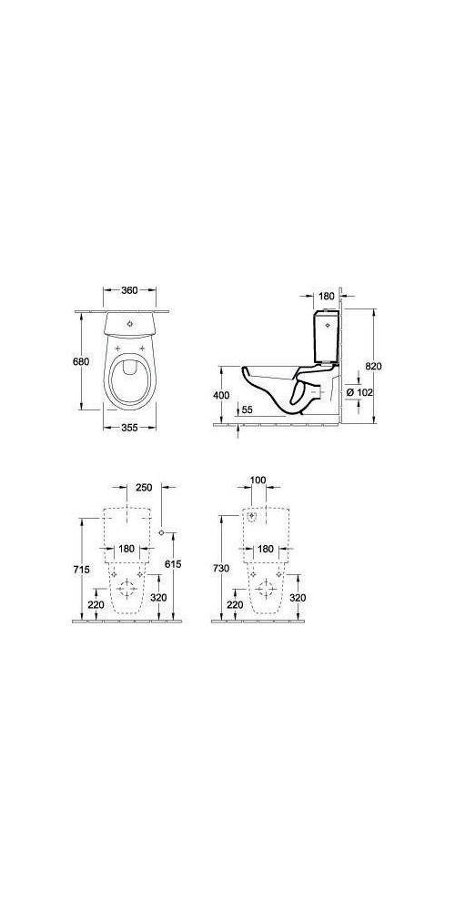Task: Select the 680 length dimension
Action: pos(82,361)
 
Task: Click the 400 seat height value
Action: pos(219,394)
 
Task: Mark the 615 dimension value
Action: pos(174,564)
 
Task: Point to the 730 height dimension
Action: pos(220,568)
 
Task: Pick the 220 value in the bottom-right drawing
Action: pos(234,603)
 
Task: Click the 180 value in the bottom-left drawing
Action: pos(126,549)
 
